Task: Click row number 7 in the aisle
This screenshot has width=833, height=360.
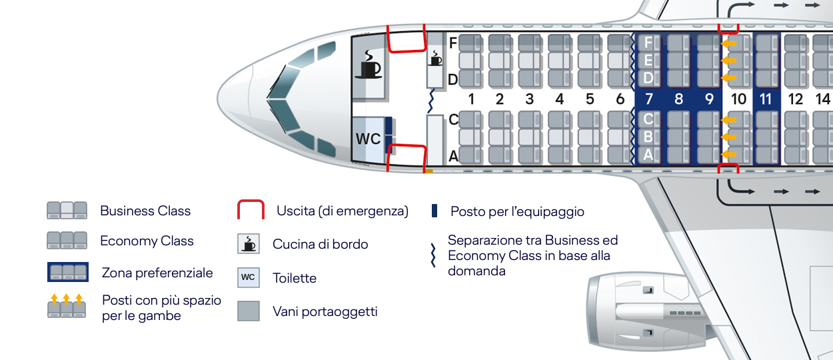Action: tap(649, 99)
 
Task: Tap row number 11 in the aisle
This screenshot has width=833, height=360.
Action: tap(766, 99)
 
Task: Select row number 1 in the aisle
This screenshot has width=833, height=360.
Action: tap(471, 99)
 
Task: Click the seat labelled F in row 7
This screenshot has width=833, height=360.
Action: tap(649, 43)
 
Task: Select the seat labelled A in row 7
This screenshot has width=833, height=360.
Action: tap(649, 155)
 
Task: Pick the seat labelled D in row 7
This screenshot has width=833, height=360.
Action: tap(649, 78)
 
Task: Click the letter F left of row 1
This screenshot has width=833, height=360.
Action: tap(452, 43)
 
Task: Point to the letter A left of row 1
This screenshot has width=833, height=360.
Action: tap(453, 156)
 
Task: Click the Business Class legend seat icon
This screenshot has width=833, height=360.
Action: tap(67, 211)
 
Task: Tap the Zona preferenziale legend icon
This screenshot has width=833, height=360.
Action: tap(68, 272)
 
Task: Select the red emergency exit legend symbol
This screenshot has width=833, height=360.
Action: tap(251, 209)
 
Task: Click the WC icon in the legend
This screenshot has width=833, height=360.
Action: tap(249, 277)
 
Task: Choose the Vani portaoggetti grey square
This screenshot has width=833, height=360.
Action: tap(249, 311)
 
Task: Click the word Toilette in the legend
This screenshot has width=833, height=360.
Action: tap(295, 278)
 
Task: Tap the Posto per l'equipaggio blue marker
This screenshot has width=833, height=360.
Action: tap(434, 211)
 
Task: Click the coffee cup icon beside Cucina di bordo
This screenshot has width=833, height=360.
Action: tap(249, 243)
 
